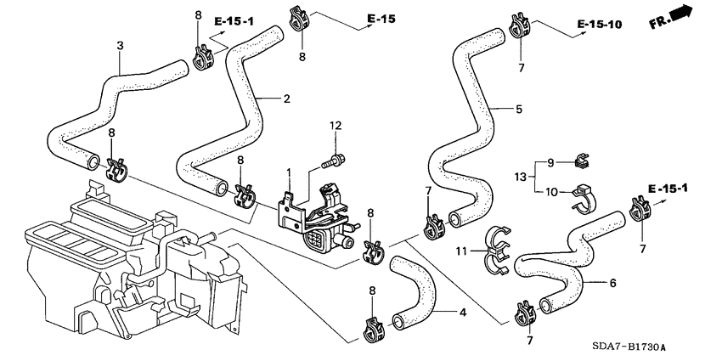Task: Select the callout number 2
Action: tap(286, 99)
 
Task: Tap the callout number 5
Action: tap(518, 109)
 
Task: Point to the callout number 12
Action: tap(336, 126)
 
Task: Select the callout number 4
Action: tap(462, 313)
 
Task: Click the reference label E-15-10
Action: tap(599, 25)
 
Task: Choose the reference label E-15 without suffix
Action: tap(381, 18)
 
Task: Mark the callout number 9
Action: tap(550, 162)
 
